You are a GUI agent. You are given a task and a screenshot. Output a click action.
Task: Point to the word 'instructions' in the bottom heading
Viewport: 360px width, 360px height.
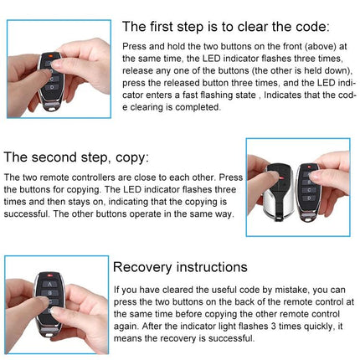click(213, 267)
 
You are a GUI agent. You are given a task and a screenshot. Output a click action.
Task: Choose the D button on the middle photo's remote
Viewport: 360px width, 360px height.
click(311, 204)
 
